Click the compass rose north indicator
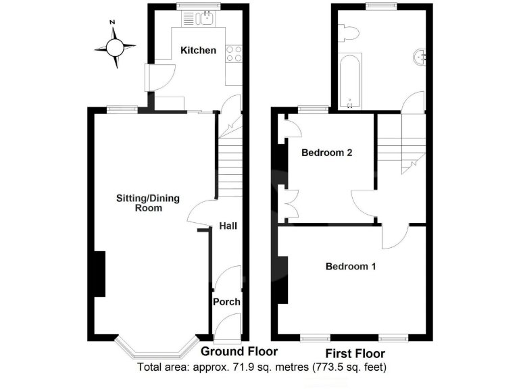pyautogui.click(x=113, y=24)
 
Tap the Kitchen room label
pyautogui.click(x=198, y=51)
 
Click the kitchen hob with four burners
pyautogui.click(x=233, y=53)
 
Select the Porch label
pyautogui.click(x=226, y=301)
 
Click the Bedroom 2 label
pyautogui.click(x=327, y=153)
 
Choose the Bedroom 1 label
pyautogui.click(x=351, y=267)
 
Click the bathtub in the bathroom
pyautogui.click(x=349, y=82)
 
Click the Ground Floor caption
pyautogui.click(x=239, y=352)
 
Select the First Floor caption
pyautogui.click(x=355, y=354)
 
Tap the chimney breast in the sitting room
pyautogui.click(x=99, y=274)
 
